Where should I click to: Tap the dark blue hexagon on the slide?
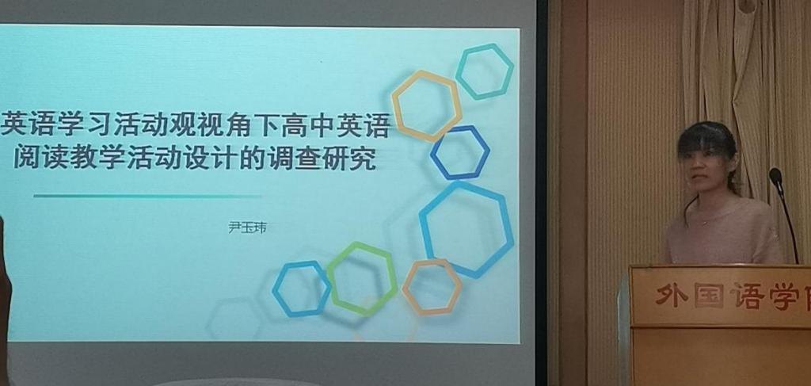(x=433, y=153)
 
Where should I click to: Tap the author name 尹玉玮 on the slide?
(x=248, y=227)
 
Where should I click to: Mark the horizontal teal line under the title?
(x=147, y=196)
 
